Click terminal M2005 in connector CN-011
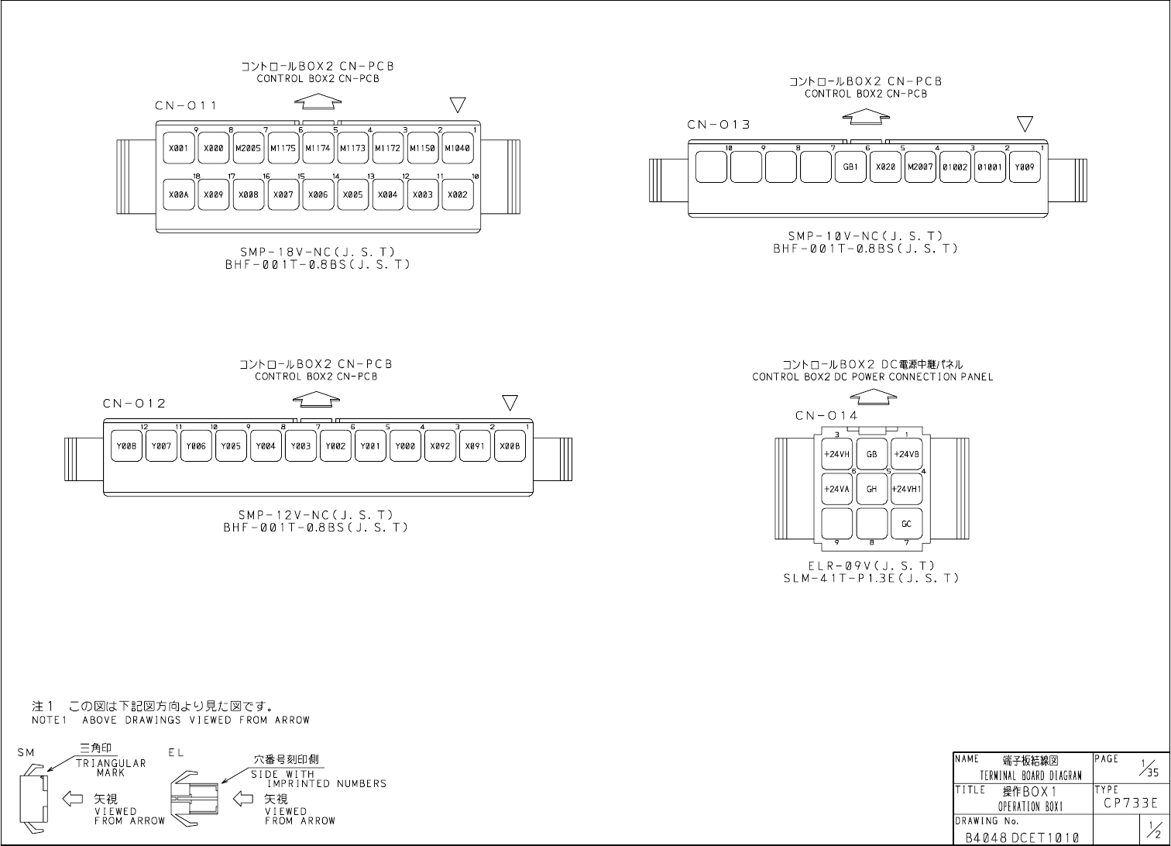point(248,148)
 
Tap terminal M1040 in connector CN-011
point(457,148)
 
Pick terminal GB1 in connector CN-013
point(850,167)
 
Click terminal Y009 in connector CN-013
point(1025,167)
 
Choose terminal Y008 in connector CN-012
point(126,446)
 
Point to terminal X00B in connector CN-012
point(510,446)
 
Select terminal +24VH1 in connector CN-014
point(906,489)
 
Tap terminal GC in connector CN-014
point(906,524)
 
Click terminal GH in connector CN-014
point(871,489)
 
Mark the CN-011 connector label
point(186,105)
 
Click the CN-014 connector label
point(826,416)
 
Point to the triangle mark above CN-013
point(1025,124)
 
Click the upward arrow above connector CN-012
point(316,400)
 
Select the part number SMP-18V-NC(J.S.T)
point(317,252)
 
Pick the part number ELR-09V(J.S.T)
point(871,566)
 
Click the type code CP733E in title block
point(1131,803)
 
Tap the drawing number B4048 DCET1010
point(1022,837)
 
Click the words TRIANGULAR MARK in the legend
point(111,768)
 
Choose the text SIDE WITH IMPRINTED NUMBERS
point(318,779)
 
